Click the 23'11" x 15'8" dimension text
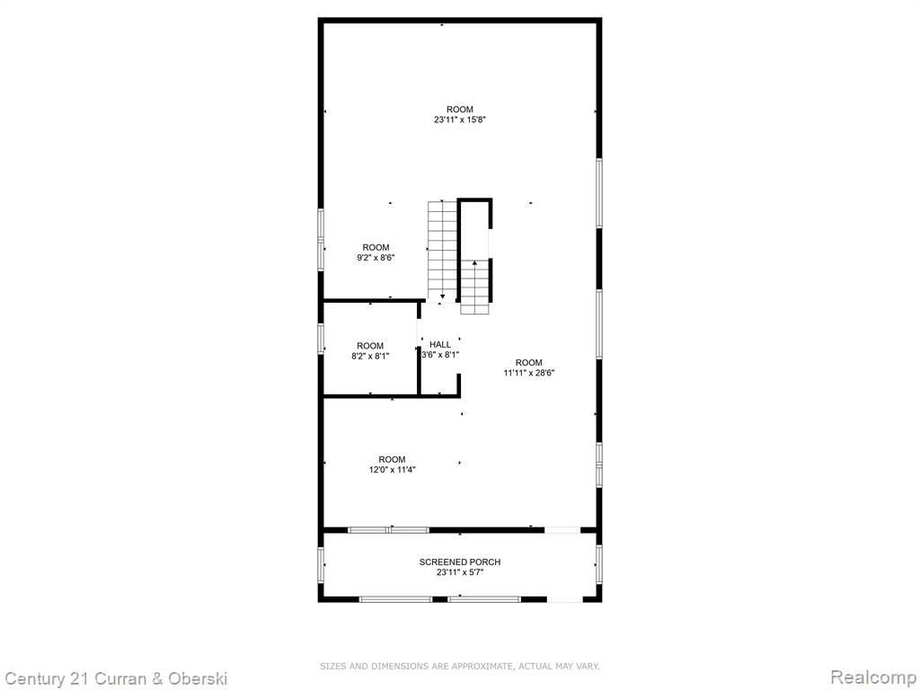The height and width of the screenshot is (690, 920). [460, 119]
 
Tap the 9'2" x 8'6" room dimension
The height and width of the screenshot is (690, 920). [376, 258]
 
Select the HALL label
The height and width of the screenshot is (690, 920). [440, 344]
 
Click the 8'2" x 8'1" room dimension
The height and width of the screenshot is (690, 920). [370, 356]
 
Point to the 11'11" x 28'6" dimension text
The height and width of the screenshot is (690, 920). [528, 373]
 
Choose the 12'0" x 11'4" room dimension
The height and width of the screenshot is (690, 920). [392, 469]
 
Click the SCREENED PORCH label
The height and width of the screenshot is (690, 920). [460, 562]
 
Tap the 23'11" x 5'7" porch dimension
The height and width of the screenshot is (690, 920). [460, 572]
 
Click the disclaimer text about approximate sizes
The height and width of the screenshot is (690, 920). [459, 666]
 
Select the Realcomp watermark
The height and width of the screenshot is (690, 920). [873, 677]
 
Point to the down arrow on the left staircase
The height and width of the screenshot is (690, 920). [442, 297]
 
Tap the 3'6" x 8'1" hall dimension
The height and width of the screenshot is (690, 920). [440, 354]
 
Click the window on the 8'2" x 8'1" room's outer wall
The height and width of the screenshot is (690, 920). [321, 339]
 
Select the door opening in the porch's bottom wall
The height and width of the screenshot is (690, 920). [564, 599]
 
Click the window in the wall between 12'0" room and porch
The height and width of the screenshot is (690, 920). [388, 530]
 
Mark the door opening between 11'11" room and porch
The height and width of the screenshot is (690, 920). [562, 530]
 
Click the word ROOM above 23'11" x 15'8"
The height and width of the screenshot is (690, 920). [460, 110]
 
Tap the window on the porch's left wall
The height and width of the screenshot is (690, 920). [321, 565]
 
